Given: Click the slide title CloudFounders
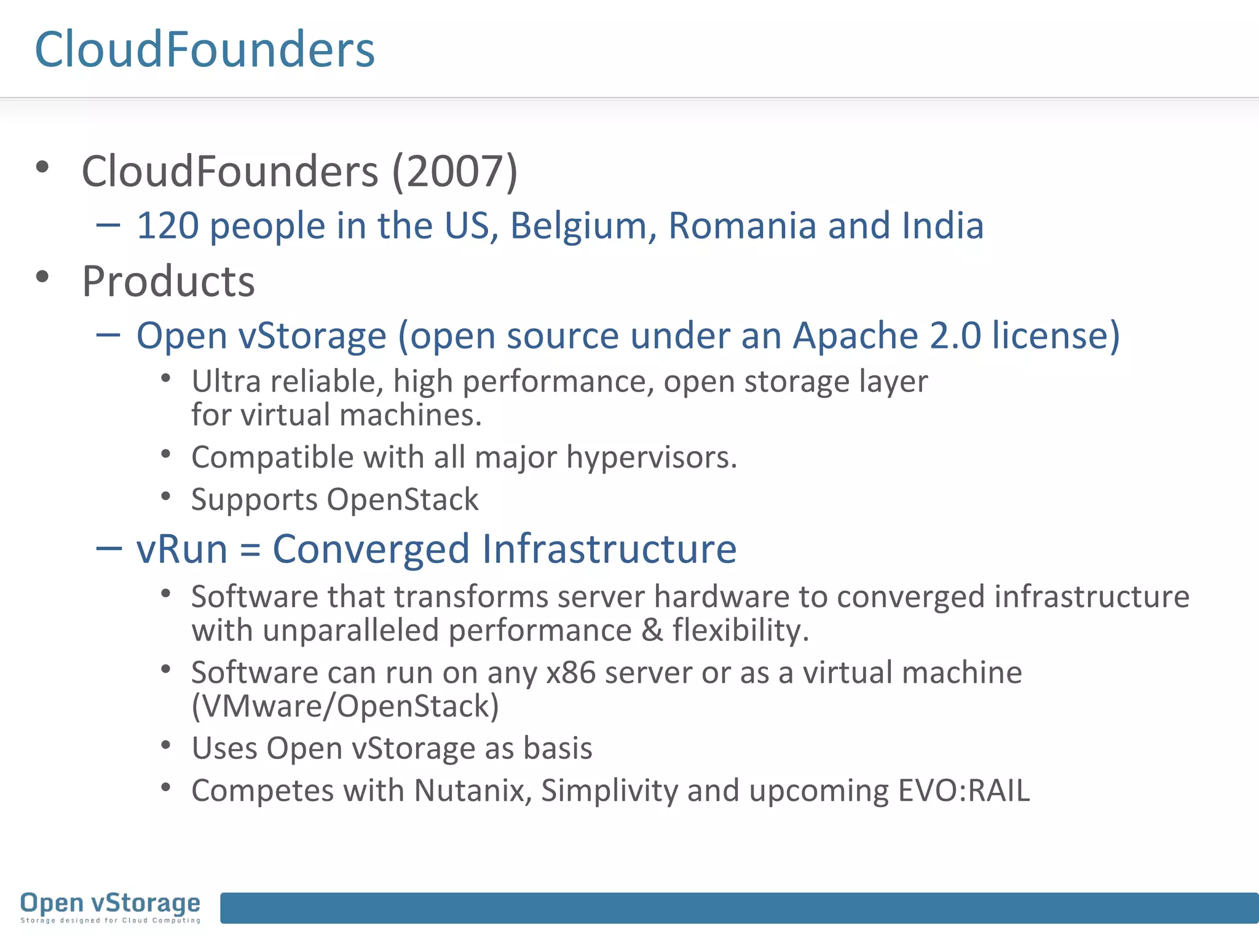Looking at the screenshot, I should pos(205,49).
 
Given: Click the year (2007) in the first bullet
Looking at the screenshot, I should pos(455,171).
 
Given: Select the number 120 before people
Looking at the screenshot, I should pos(167,226).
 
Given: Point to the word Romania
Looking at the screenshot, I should pos(742,226).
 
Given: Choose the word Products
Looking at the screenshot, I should pos(168,281).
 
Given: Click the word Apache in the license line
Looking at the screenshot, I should pos(855,336).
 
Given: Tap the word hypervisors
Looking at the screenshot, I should pos(651,457).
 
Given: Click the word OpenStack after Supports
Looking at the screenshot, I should pos(403,499).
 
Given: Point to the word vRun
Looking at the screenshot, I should pos(182,548).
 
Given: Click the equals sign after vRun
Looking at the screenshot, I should pos(250,549).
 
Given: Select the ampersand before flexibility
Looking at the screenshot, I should pos(652,631).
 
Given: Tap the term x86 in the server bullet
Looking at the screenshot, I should pos(571,672).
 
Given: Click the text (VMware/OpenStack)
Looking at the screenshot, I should pos(345,706).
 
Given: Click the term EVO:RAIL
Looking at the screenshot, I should pos(964,790).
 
